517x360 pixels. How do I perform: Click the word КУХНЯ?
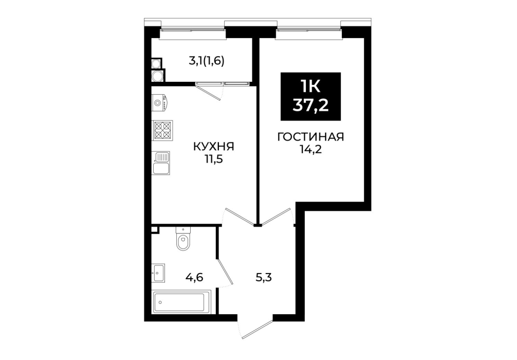pyautogui.click(x=214, y=146)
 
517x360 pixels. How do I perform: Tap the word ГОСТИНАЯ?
pyautogui.click(x=310, y=137)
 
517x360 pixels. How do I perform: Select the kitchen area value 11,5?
pyautogui.click(x=214, y=159)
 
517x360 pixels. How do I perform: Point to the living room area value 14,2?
pyautogui.click(x=310, y=150)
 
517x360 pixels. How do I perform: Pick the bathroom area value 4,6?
pyautogui.click(x=194, y=278)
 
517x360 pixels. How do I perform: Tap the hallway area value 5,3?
pyautogui.click(x=264, y=278)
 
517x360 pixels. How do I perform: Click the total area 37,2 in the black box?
pyautogui.click(x=310, y=105)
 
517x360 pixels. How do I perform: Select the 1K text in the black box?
pyautogui.click(x=310, y=87)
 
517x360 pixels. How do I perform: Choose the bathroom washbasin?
pyautogui.click(x=158, y=273)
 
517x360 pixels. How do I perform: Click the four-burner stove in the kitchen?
pyautogui.click(x=162, y=130)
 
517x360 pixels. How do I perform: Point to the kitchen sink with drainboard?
pyautogui.click(x=161, y=163)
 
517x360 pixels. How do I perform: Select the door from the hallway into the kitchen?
pyautogui.click(x=239, y=217)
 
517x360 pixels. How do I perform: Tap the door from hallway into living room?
pyautogui.click(x=276, y=217)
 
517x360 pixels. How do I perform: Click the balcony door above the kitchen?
pyautogui.click(x=209, y=91)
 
